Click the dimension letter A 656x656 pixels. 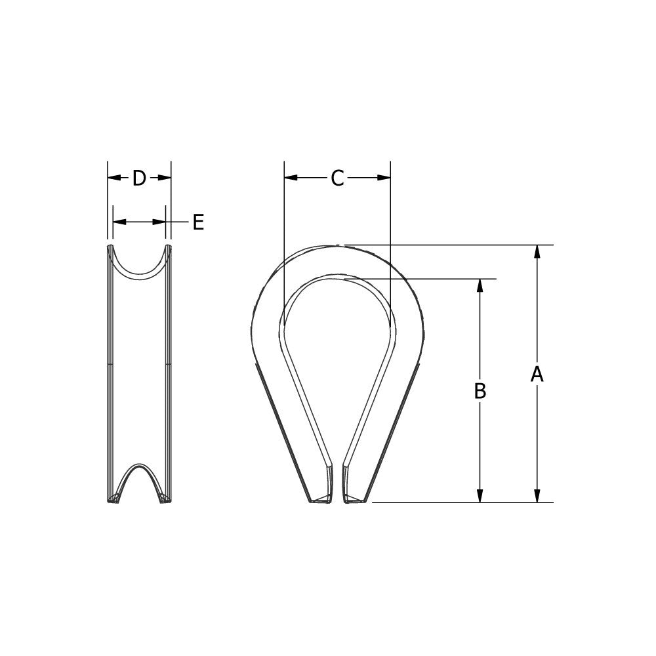pyautogui.click(x=537, y=374)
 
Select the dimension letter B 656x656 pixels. pyautogui.click(x=480, y=391)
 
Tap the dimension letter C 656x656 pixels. pyautogui.click(x=337, y=178)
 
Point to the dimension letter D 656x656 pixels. pyautogui.click(x=139, y=178)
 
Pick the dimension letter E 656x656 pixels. pyautogui.click(x=198, y=222)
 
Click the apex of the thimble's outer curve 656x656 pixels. pyautogui.click(x=337, y=245)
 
